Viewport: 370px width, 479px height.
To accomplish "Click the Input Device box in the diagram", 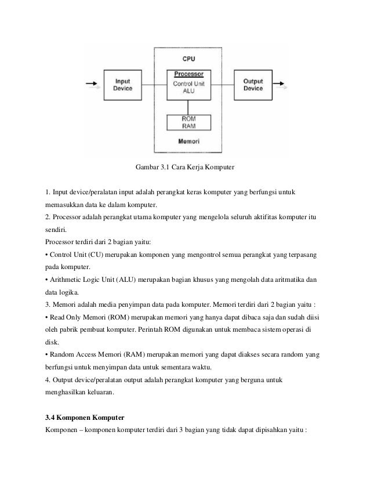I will [x=123, y=85].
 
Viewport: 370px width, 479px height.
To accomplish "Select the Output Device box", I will [x=253, y=85].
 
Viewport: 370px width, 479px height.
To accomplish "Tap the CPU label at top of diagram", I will [x=188, y=59].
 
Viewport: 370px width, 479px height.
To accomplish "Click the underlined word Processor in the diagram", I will [x=188, y=75].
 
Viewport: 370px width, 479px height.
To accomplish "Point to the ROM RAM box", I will [x=188, y=122].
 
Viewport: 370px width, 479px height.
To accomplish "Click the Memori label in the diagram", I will [x=188, y=141].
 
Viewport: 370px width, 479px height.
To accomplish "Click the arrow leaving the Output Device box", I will [x=282, y=85].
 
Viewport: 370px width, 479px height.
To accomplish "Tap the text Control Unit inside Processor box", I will [x=188, y=83].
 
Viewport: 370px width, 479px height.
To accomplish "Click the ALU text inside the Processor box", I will [x=188, y=91].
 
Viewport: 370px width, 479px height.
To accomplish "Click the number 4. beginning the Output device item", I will [x=48, y=380].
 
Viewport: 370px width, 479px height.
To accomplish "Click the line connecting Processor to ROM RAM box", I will [x=188, y=106].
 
